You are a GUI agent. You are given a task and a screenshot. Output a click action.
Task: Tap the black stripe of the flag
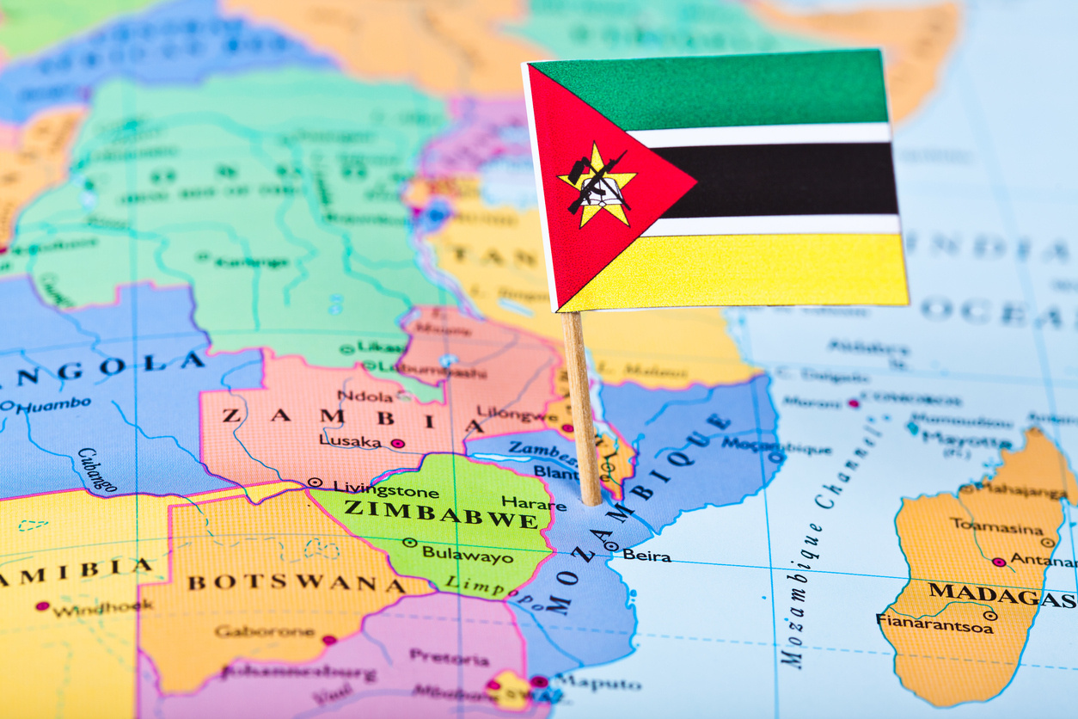tap(774, 180)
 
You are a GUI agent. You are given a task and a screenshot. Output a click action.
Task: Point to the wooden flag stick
tap(582, 404)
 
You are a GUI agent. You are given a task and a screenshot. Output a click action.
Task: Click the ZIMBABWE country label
tap(441, 512)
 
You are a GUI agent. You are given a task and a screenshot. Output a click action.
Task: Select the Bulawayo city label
tap(468, 554)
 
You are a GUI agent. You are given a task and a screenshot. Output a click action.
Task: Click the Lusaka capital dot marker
tap(397, 443)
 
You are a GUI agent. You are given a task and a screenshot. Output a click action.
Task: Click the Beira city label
tap(646, 556)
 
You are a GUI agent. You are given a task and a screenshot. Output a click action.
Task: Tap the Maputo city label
tap(607, 685)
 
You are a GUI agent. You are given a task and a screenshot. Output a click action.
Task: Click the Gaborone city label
tap(265, 631)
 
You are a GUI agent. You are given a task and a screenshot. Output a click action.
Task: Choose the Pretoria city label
tap(449, 658)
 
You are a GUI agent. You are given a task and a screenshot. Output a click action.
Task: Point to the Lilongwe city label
tap(517, 414)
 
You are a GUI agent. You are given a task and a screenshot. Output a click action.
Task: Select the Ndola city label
tap(365, 396)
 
